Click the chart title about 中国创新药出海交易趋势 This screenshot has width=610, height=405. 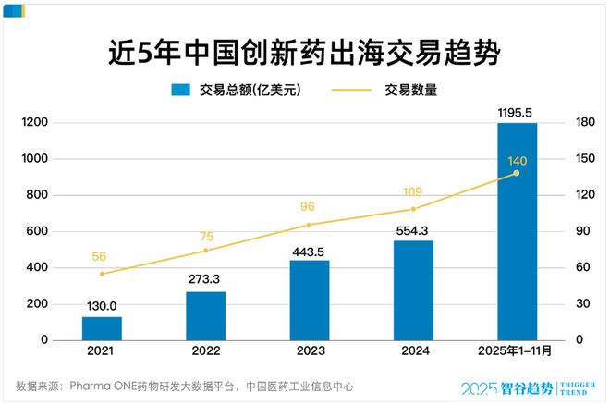304,52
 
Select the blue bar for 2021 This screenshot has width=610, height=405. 102,328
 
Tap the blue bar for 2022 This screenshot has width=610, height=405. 205,315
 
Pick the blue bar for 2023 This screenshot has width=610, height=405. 310,300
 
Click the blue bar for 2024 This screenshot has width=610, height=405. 413,289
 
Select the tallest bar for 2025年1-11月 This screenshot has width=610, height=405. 517,231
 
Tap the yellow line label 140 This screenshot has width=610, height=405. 517,161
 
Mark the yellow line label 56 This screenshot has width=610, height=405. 102,257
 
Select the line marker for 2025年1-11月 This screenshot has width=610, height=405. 517,173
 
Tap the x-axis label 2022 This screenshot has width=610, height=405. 205,352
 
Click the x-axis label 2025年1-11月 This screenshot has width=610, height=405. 517,352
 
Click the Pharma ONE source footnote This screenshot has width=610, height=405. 184,386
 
